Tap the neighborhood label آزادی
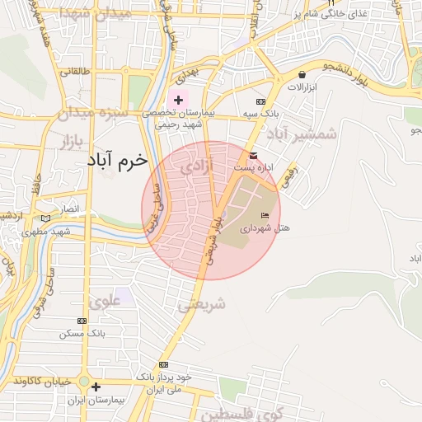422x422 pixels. (196, 167)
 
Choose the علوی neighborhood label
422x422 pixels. (105, 302)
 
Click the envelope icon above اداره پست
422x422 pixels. (252, 156)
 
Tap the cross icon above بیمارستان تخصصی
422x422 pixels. (178, 100)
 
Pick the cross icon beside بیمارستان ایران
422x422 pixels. (96, 386)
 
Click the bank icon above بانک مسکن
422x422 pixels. (81, 321)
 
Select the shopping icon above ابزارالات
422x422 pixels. (302, 74)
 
